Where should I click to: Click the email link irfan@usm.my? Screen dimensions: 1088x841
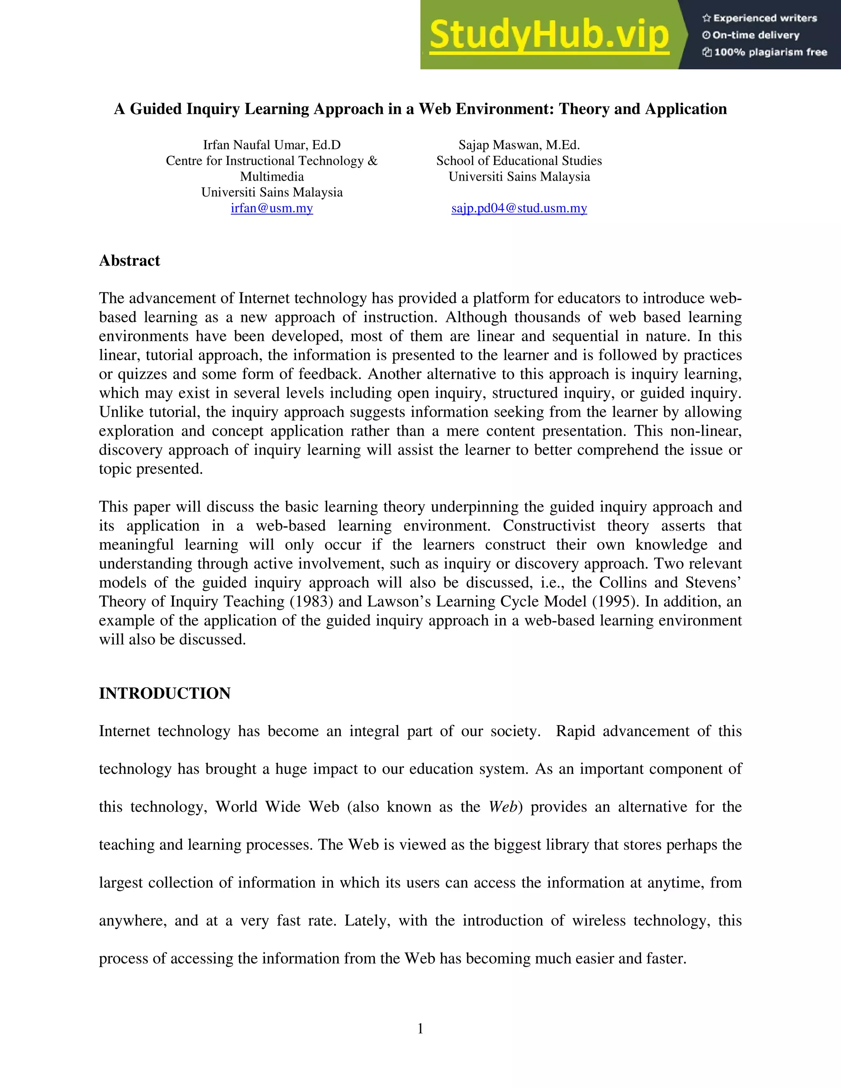point(271,208)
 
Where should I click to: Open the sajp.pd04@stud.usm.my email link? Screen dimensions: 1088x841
point(519,208)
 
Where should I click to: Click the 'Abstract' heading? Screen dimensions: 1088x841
point(129,261)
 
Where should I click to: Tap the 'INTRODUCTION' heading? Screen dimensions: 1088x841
point(164,693)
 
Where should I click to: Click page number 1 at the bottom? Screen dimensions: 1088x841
point(420,1029)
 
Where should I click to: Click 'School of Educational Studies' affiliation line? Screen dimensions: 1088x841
point(519,161)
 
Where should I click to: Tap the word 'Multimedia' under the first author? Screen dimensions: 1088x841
point(271,177)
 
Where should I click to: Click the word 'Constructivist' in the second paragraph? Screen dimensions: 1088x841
point(549,526)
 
